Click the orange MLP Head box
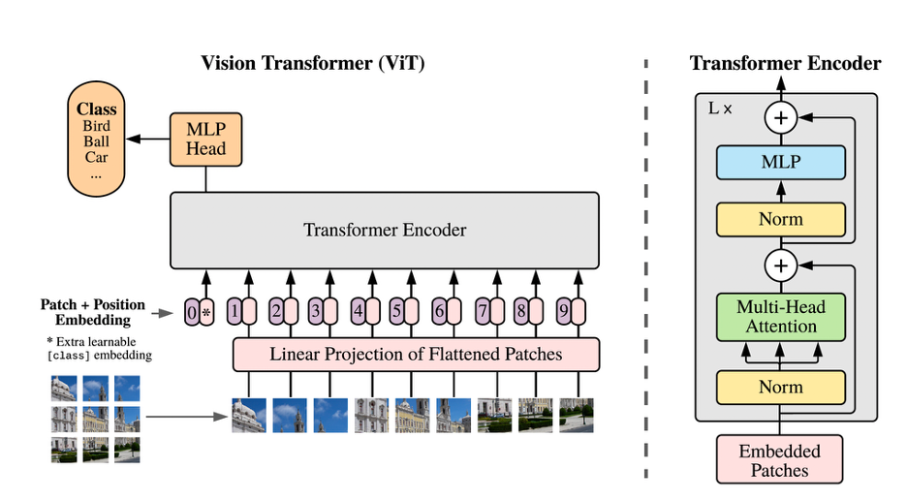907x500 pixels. [x=206, y=140]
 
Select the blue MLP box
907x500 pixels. [x=780, y=162]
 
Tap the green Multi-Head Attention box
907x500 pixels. [x=780, y=317]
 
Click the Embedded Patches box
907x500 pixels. [x=779, y=459]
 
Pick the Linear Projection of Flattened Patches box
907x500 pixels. [x=416, y=355]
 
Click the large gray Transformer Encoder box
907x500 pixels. [x=385, y=231]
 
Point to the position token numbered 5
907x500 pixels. [x=397, y=311]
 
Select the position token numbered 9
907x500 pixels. [x=564, y=311]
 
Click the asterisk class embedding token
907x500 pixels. [x=206, y=312]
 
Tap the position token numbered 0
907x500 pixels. [x=192, y=312]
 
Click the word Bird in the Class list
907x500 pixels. [x=96, y=126]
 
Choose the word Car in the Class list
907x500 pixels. [x=96, y=157]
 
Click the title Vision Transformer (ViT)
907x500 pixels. [x=312, y=62]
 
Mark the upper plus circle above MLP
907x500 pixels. [x=781, y=117]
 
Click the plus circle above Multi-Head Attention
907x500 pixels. [x=781, y=266]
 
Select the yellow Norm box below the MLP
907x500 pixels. [x=780, y=219]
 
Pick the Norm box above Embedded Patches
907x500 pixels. [x=780, y=388]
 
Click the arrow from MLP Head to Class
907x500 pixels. [x=148, y=139]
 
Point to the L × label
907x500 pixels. [x=720, y=109]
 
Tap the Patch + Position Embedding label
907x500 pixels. [x=93, y=312]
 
